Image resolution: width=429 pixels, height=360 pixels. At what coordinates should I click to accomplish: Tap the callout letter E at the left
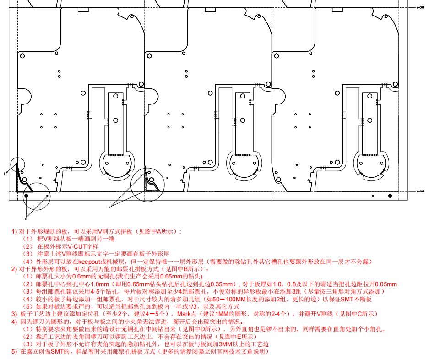(x=4, y=174)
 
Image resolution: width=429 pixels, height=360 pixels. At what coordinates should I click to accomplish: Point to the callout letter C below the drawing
(x=26, y=218)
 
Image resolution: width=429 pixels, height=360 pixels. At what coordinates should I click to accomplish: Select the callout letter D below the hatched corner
(x=110, y=207)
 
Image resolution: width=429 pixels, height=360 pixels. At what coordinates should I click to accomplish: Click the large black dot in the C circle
(x=26, y=196)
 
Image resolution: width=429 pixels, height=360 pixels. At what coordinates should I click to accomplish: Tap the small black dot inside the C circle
(x=47, y=196)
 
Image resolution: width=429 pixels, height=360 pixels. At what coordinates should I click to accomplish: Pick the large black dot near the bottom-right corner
(x=390, y=196)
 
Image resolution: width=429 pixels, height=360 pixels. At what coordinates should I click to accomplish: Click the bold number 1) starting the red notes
(x=14, y=231)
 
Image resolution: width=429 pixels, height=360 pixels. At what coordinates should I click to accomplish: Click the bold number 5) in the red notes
(x=14, y=351)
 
